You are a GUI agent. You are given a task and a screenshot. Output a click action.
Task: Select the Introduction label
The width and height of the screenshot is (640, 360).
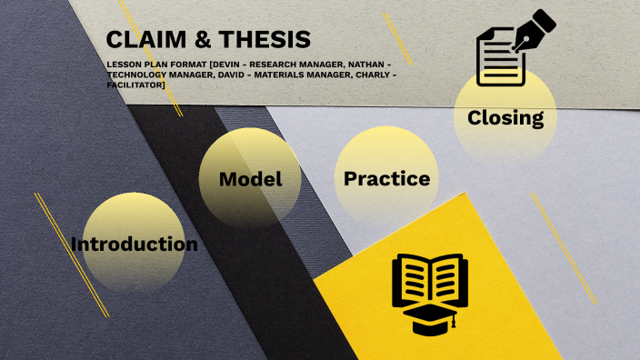(134, 245)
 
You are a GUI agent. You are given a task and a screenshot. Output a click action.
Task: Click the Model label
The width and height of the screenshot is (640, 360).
(250, 179)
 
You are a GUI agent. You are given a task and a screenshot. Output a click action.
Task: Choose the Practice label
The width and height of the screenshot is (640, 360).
(386, 179)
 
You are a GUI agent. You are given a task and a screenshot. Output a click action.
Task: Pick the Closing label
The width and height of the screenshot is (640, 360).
(505, 118)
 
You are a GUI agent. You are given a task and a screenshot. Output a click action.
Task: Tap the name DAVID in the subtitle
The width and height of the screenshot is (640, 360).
(229, 75)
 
